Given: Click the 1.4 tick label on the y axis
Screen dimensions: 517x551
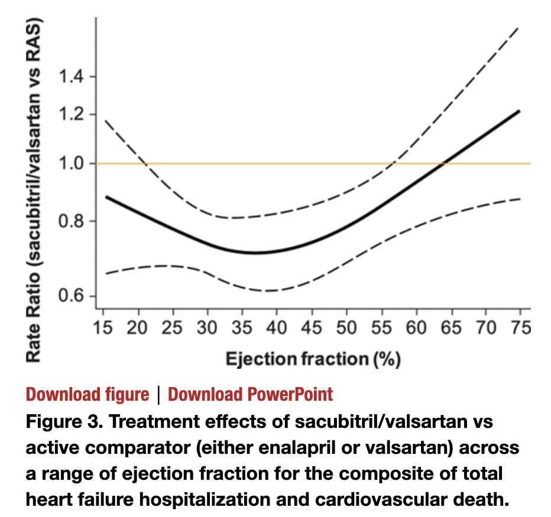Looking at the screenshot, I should [72, 77].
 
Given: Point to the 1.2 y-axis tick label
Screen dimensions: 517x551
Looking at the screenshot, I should [72, 114].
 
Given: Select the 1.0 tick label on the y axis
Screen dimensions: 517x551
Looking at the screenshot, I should [72, 163].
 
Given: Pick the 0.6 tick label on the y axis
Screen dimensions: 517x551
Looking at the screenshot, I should [72, 296].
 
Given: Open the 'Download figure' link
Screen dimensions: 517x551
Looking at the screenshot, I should [88, 394].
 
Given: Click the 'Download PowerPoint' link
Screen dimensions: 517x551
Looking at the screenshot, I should [251, 394].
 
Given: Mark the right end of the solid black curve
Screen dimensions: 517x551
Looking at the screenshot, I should [519, 111].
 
